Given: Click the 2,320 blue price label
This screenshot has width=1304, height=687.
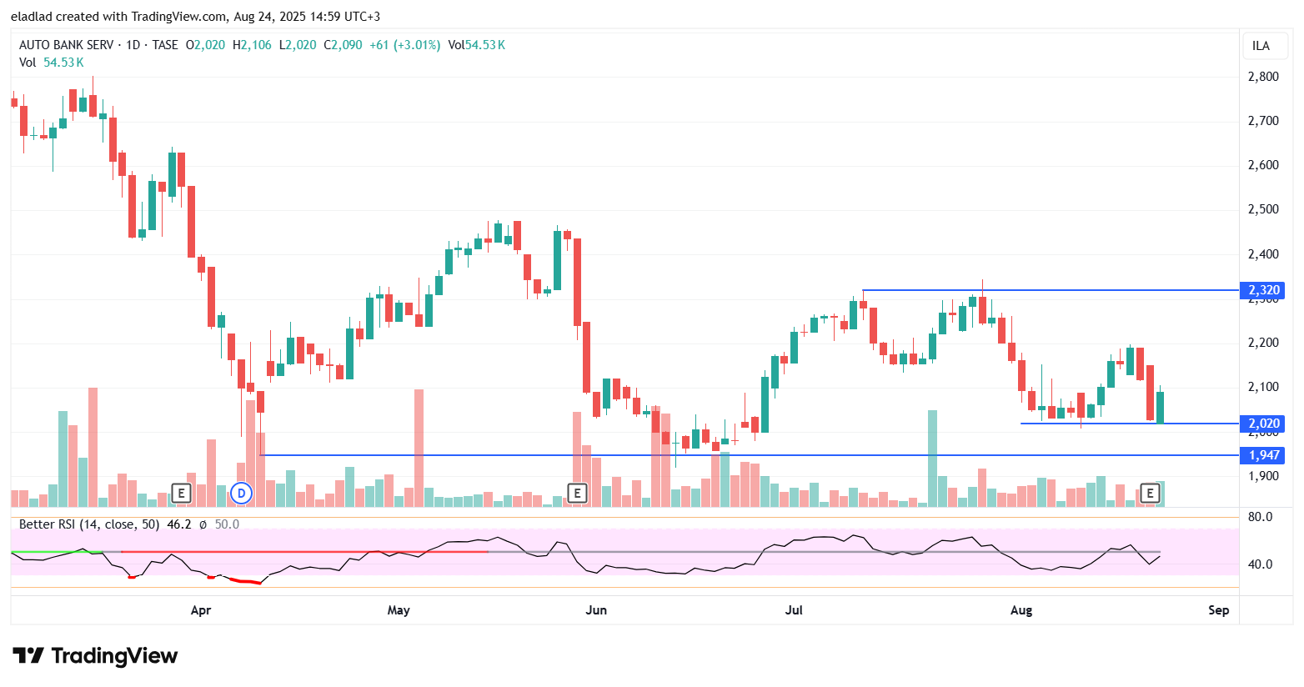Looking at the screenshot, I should pyautogui.click(x=1263, y=290).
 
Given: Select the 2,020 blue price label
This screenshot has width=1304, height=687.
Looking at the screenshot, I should pyautogui.click(x=1263, y=424).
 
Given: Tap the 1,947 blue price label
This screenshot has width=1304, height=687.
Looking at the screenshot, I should pyautogui.click(x=1263, y=455).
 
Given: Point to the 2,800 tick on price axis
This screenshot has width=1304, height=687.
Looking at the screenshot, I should pyautogui.click(x=1263, y=77).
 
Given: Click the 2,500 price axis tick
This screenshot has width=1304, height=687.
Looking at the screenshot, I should pyautogui.click(x=1263, y=209).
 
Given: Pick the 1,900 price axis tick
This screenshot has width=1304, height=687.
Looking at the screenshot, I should pyautogui.click(x=1263, y=476).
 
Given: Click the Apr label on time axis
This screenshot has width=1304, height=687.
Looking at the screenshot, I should pyautogui.click(x=201, y=610).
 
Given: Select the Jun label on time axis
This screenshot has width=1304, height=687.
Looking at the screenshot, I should pyautogui.click(x=596, y=610).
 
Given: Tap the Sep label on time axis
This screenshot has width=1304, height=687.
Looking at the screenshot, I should pyautogui.click(x=1219, y=610).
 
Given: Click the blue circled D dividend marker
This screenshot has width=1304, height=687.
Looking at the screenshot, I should pyautogui.click(x=241, y=494).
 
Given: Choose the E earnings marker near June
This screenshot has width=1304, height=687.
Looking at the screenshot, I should pyautogui.click(x=577, y=494).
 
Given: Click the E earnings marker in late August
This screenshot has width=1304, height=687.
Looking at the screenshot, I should pyautogui.click(x=1150, y=494).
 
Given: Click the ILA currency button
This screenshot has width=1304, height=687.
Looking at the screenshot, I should pyautogui.click(x=1261, y=46).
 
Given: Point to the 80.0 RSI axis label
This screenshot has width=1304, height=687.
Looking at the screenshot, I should pyautogui.click(x=1260, y=517).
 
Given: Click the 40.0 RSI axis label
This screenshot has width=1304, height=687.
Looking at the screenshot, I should pyautogui.click(x=1260, y=564).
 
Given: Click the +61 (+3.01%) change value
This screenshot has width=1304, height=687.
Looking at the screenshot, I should pyautogui.click(x=404, y=45).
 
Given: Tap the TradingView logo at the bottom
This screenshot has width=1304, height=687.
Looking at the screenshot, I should pyautogui.click(x=95, y=656).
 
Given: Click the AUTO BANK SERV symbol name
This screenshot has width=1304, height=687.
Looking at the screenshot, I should pyautogui.click(x=66, y=45).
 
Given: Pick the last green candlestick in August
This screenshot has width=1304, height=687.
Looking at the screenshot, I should pyautogui.click(x=1160, y=407).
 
